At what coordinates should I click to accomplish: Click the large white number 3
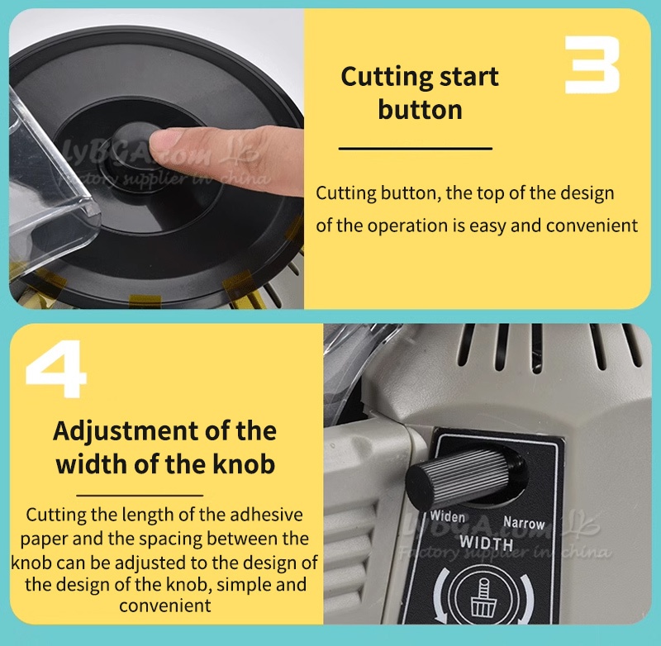click(592, 64)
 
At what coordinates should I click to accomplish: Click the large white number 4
click(56, 369)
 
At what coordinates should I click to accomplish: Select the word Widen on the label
click(447, 516)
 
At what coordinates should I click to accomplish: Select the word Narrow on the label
click(524, 524)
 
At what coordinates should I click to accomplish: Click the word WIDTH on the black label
click(486, 543)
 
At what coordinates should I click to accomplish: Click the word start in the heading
click(469, 78)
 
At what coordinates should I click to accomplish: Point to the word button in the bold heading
click(420, 110)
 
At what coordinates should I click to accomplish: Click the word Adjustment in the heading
click(126, 432)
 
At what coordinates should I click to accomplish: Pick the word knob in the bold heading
click(244, 464)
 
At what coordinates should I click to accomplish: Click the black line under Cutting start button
click(416, 149)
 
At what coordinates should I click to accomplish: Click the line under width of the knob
click(140, 495)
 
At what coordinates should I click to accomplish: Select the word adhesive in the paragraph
click(266, 515)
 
